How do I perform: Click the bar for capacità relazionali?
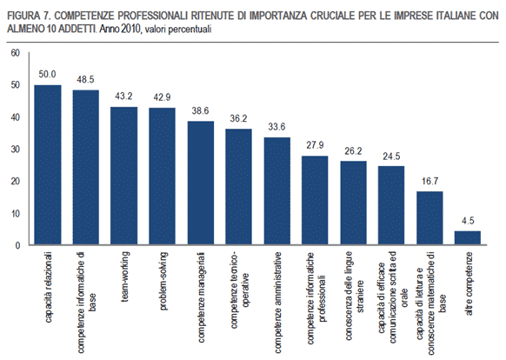pos(47,165)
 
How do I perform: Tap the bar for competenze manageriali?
pos(200,183)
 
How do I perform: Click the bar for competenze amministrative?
pos(276,191)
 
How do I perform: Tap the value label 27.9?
pos(315,146)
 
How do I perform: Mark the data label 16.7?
pos(430,183)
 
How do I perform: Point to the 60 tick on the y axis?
pos(14,53)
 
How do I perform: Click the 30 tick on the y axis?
pos(14,150)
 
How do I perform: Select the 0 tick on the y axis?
pos(17,246)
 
